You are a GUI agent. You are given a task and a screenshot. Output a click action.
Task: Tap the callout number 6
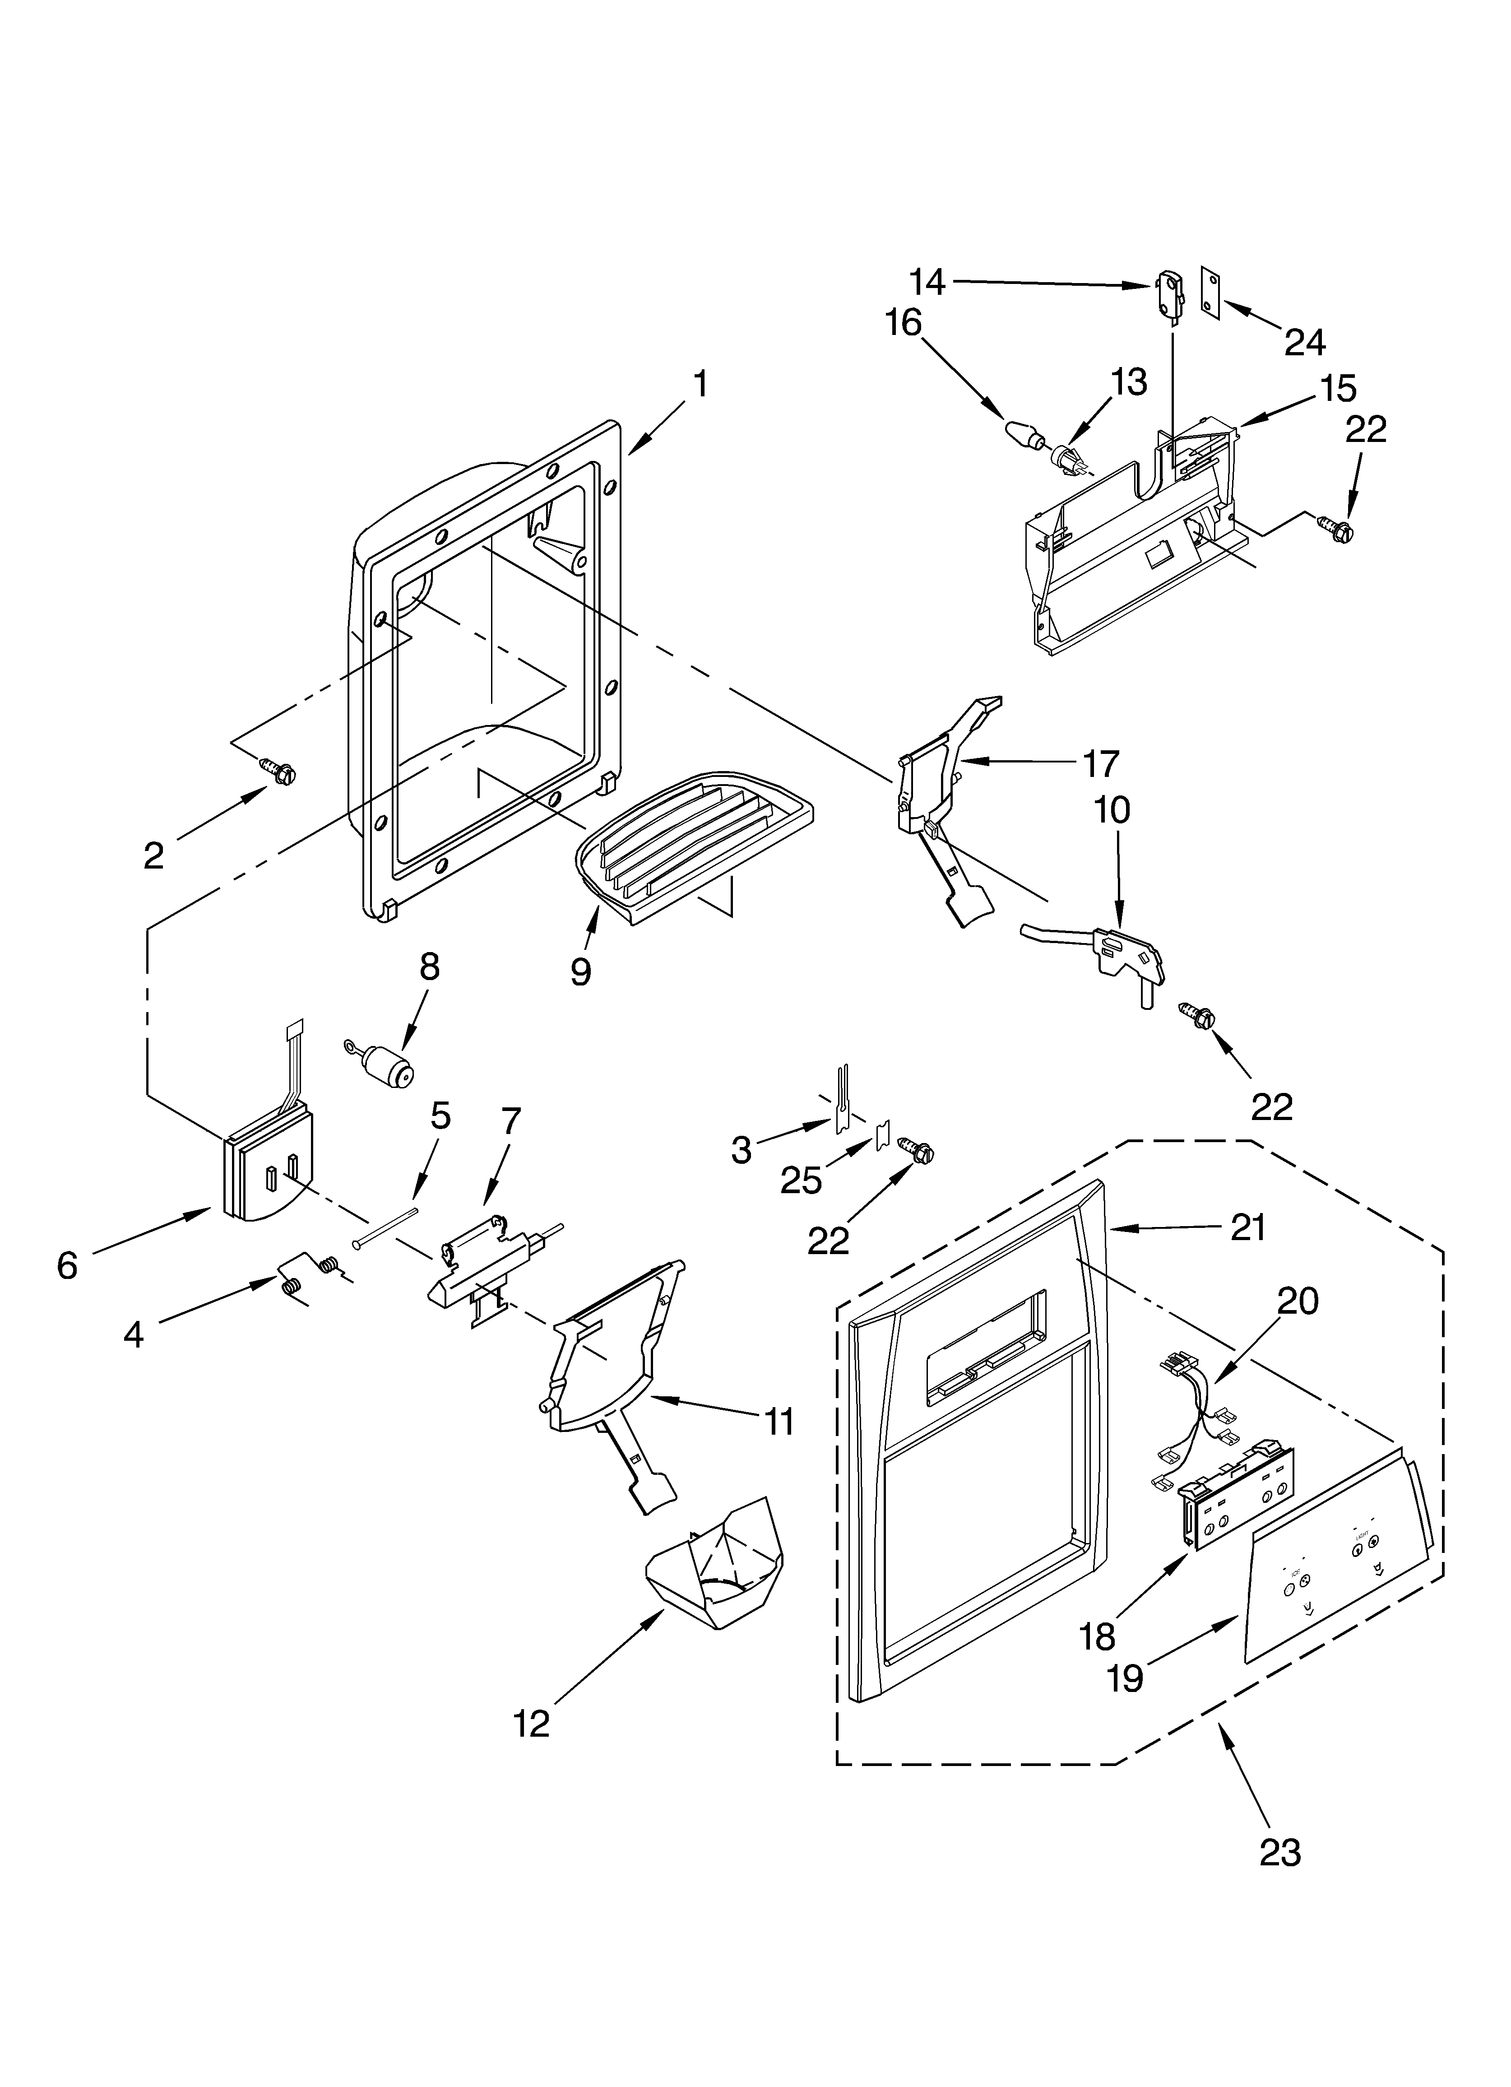(x=67, y=1265)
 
